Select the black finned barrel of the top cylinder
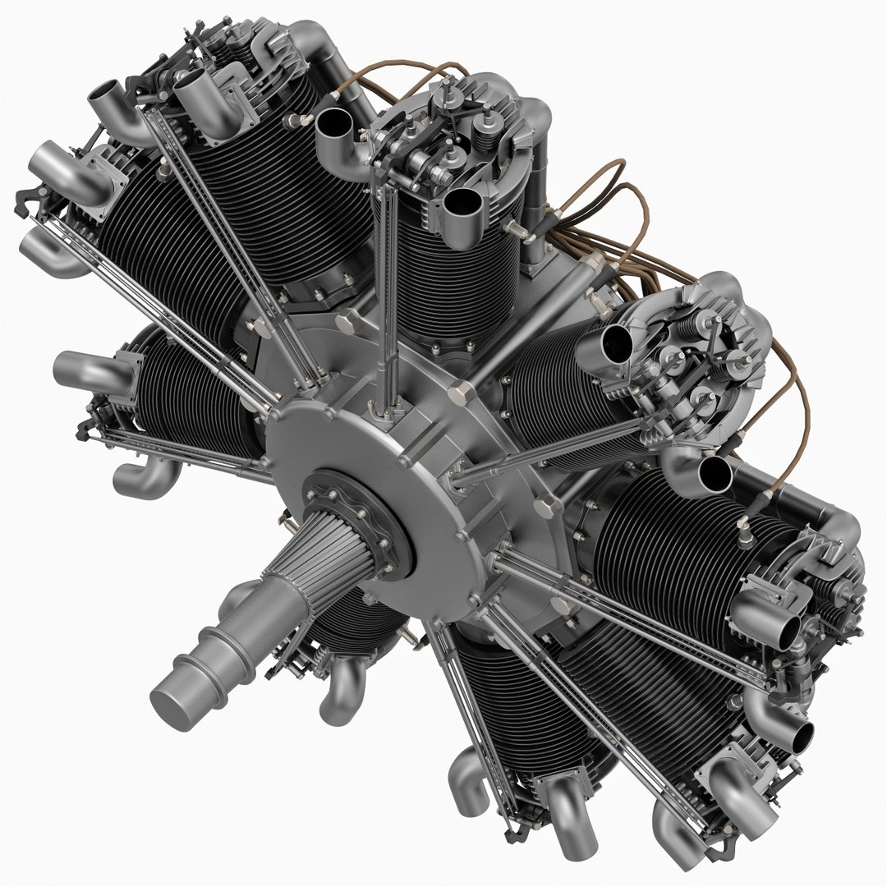448,279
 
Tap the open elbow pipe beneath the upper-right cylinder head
715,475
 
